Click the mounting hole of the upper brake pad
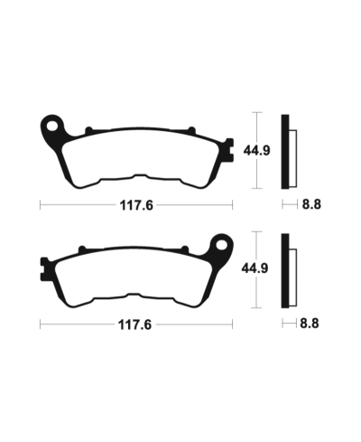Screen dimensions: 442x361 click(x=54, y=122)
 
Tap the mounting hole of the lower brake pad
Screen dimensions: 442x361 click(x=218, y=244)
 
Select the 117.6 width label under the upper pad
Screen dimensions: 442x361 click(x=136, y=205)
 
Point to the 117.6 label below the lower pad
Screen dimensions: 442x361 click(x=136, y=323)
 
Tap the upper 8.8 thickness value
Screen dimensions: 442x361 click(x=310, y=205)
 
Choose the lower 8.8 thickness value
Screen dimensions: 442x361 click(x=310, y=323)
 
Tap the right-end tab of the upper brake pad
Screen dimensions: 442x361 click(x=228, y=146)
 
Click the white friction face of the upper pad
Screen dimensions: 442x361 click(x=135, y=154)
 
